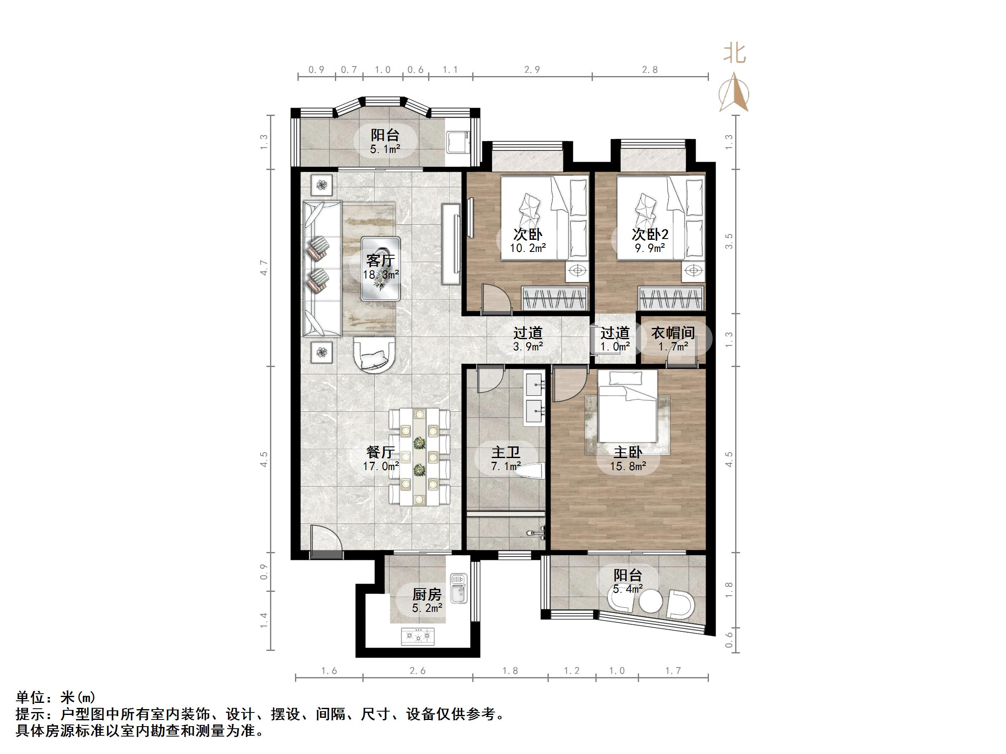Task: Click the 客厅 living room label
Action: click(x=380, y=261)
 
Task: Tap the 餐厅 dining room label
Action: click(x=380, y=452)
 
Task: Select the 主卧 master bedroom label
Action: click(x=628, y=452)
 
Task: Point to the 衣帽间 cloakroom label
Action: click(x=673, y=333)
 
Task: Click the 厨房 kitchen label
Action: click(x=427, y=594)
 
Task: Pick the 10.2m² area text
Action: click(x=528, y=248)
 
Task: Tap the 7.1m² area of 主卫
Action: click(x=505, y=466)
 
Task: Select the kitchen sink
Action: click(x=458, y=589)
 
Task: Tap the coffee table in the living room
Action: click(x=381, y=269)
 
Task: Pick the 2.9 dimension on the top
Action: click(x=532, y=69)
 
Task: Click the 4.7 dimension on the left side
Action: click(x=264, y=267)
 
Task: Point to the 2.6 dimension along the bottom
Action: click(x=417, y=671)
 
